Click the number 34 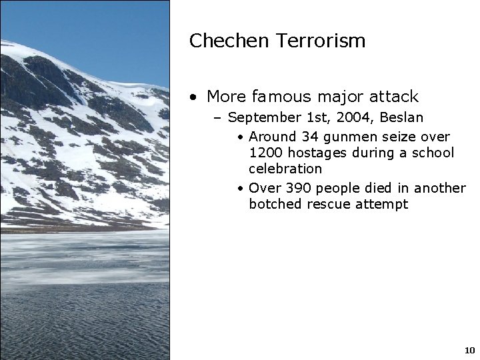(310, 137)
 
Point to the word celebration (285, 169)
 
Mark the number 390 (293, 188)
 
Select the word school (433, 153)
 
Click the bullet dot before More (193, 97)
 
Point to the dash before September (218, 118)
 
